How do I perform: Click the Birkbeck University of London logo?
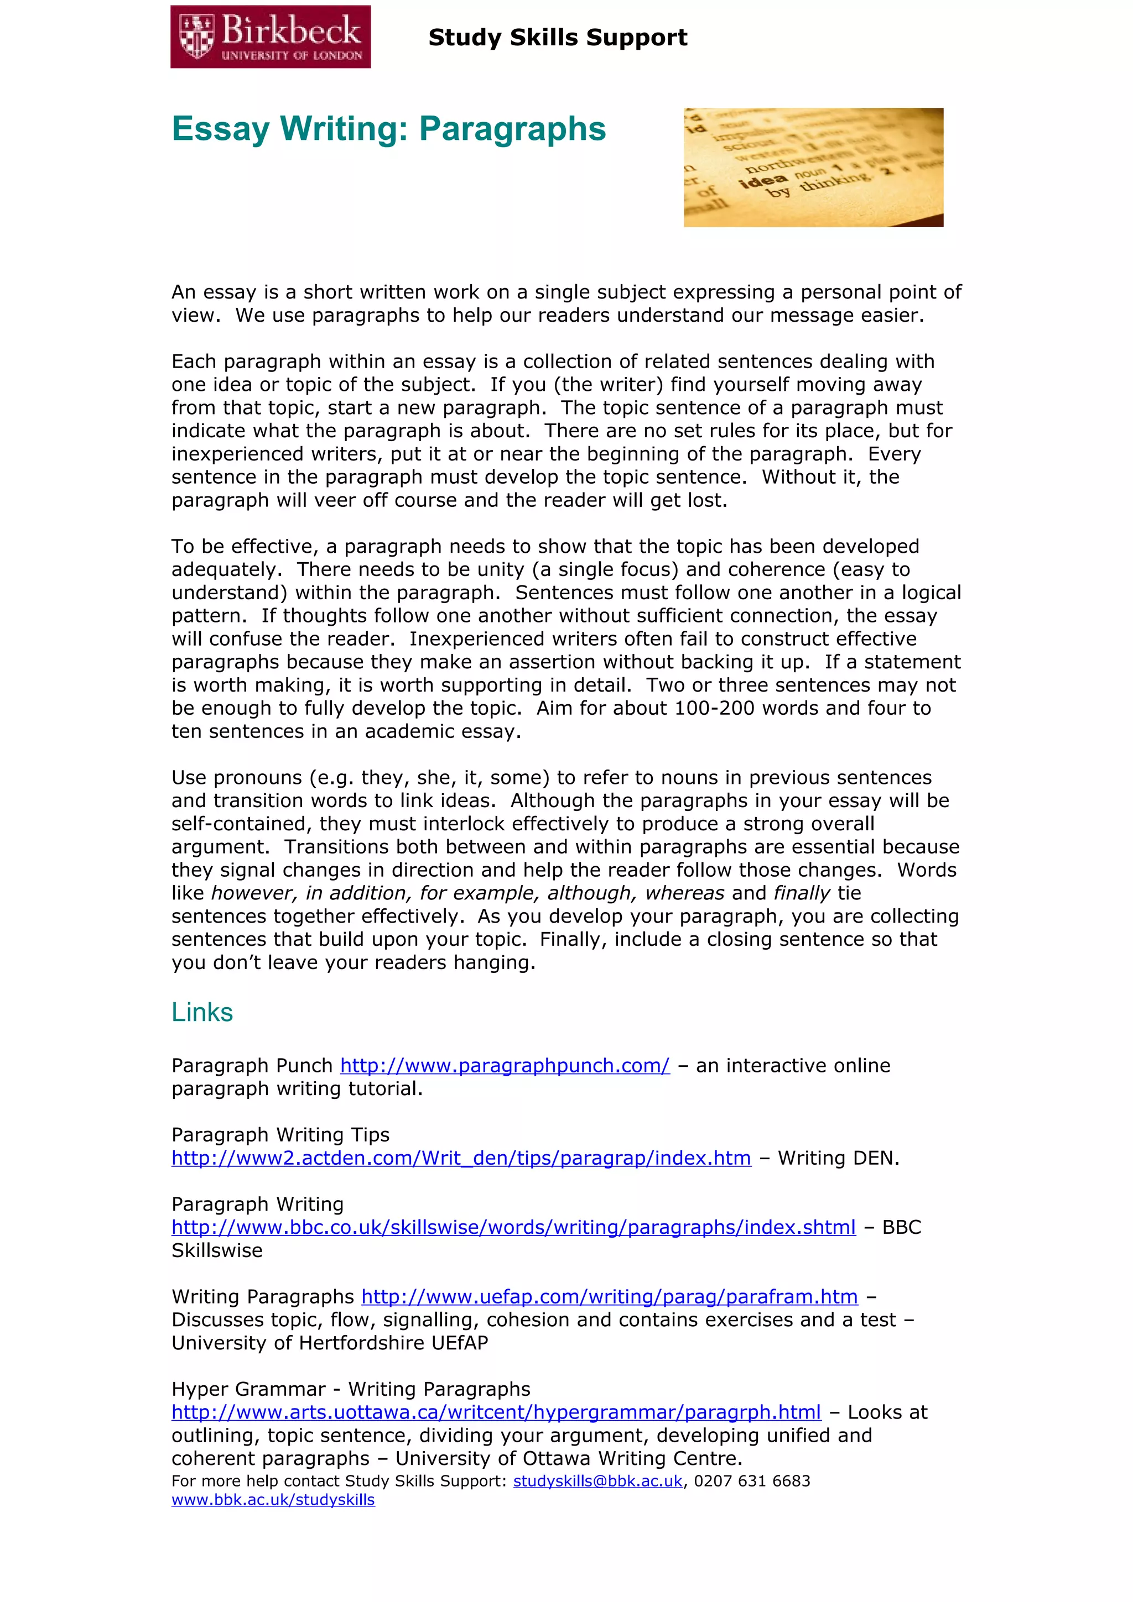pos(270,37)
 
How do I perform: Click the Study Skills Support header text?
pos(557,38)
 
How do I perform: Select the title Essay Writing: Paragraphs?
pos(389,129)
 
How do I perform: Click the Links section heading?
pos(202,1012)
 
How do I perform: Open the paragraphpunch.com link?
pos(505,1066)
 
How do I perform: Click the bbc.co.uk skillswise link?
pos(513,1227)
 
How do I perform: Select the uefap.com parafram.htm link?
pos(609,1297)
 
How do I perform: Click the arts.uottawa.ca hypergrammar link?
pos(496,1412)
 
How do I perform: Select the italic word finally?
pos(802,894)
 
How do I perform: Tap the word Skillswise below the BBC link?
pos(217,1251)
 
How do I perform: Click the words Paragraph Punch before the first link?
pos(252,1066)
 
